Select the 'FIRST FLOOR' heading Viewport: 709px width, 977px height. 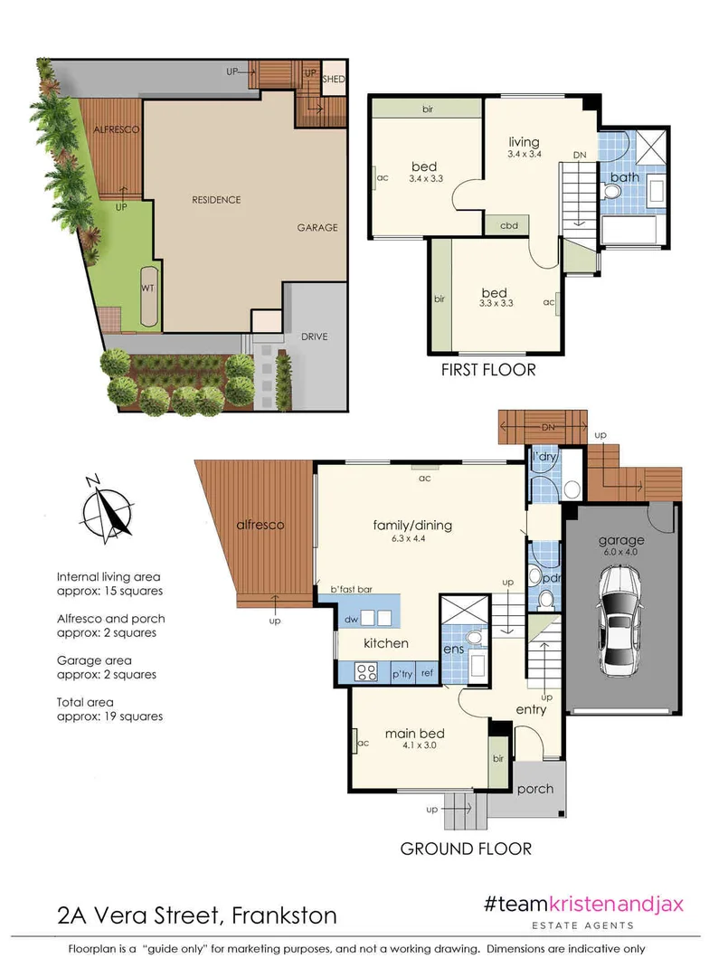click(x=487, y=369)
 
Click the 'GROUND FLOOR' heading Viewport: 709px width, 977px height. click(x=466, y=849)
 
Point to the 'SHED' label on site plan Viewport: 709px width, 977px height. click(x=333, y=77)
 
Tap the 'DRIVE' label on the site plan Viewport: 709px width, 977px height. click(x=315, y=337)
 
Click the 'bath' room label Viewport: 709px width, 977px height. click(x=625, y=177)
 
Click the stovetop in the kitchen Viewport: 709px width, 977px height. click(x=367, y=671)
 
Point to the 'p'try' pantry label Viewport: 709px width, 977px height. click(x=402, y=674)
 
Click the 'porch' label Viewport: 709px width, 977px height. click(x=534, y=789)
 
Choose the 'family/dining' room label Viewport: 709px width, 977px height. click(x=412, y=526)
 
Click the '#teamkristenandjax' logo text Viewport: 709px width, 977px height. click(x=583, y=905)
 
